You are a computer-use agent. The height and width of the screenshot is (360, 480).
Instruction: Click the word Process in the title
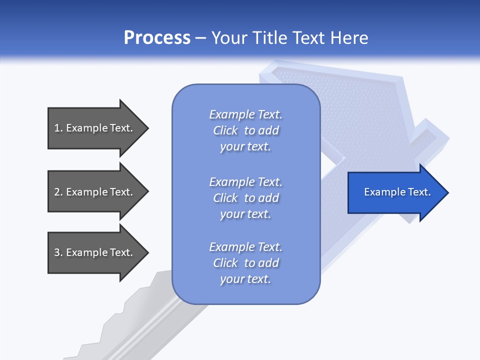(157, 38)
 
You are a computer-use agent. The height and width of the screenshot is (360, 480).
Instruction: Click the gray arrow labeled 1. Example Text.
(95, 128)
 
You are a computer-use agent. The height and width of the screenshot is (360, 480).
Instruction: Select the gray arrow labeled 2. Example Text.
(95, 191)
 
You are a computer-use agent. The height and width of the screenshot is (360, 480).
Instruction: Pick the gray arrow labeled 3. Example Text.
(95, 252)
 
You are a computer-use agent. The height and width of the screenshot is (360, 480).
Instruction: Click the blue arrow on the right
(395, 192)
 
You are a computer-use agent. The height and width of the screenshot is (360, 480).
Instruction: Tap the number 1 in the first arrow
(57, 128)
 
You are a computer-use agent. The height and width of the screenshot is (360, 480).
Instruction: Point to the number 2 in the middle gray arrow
(57, 192)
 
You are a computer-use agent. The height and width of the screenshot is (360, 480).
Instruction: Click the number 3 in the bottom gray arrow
(57, 252)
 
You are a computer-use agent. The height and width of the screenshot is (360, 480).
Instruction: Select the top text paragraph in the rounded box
(245, 130)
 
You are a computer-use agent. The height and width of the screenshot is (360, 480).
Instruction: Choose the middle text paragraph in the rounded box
(245, 197)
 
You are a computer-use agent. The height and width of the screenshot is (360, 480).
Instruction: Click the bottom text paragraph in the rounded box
(245, 263)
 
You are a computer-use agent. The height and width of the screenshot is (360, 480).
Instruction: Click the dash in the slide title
(200, 38)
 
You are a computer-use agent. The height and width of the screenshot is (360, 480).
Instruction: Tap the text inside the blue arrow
(397, 192)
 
